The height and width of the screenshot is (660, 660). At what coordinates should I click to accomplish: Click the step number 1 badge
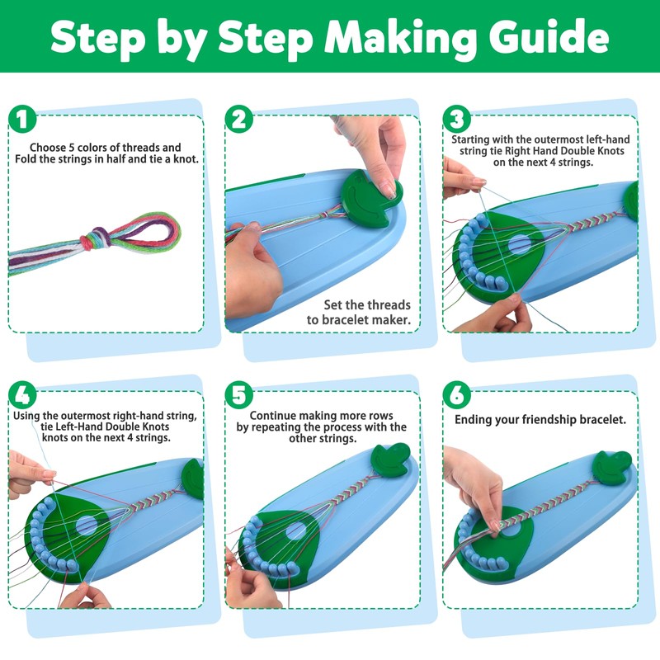pyautogui.click(x=22, y=119)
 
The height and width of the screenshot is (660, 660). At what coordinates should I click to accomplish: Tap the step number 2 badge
pyautogui.click(x=239, y=119)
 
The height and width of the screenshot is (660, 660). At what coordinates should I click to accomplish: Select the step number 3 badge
pyautogui.click(x=457, y=119)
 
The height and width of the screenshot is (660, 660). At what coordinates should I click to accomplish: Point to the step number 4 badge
pyautogui.click(x=22, y=395)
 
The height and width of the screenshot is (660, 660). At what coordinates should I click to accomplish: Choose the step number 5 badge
pyautogui.click(x=239, y=395)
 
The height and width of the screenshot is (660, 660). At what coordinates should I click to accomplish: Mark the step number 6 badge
pyautogui.click(x=457, y=395)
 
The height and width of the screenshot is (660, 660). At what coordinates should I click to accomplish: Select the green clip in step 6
pyautogui.click(x=612, y=467)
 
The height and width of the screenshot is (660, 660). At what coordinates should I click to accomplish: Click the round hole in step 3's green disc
pyautogui.click(x=520, y=244)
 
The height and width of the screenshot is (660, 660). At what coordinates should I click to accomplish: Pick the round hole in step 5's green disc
pyautogui.click(x=296, y=531)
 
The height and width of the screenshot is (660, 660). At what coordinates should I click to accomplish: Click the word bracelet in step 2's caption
pyautogui.click(x=356, y=320)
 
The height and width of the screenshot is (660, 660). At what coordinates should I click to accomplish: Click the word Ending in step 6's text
pyautogui.click(x=473, y=420)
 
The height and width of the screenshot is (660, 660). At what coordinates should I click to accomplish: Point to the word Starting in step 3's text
pyautogui.click(x=470, y=140)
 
